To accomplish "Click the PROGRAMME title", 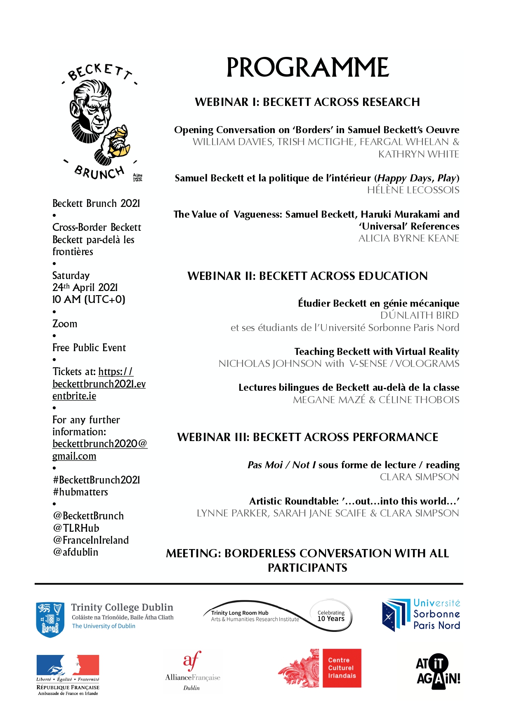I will coord(307,68).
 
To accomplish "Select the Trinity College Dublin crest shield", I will coord(50,620).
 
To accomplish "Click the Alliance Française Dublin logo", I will coord(192,671).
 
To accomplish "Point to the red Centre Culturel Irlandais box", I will coord(342,668).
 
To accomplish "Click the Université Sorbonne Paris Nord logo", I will coord(421,615).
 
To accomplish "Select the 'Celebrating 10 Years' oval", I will coord(331,616).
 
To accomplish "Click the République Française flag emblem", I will coord(68,665).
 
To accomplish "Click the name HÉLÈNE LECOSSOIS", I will coord(413,190).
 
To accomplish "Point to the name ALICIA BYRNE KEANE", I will coord(408,238).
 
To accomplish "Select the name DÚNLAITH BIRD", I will coord(419,315).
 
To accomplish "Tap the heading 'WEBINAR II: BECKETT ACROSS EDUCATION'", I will coord(307,276).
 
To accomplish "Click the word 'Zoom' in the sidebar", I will coord(65,324).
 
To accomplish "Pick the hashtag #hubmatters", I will coord(80,492).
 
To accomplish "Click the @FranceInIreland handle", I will coord(91,540).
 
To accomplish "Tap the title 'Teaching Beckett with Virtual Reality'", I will coord(376,352).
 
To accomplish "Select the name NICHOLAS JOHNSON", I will coord(270,364).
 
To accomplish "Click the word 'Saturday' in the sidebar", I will coord(71,276).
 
